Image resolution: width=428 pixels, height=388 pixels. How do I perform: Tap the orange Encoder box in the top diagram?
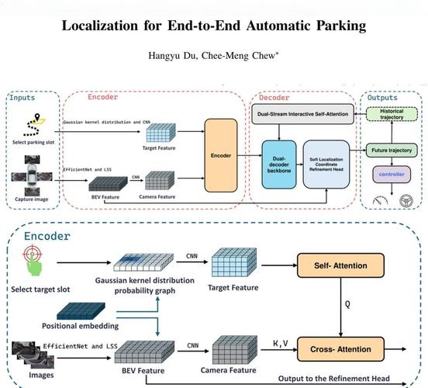point(221,154)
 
